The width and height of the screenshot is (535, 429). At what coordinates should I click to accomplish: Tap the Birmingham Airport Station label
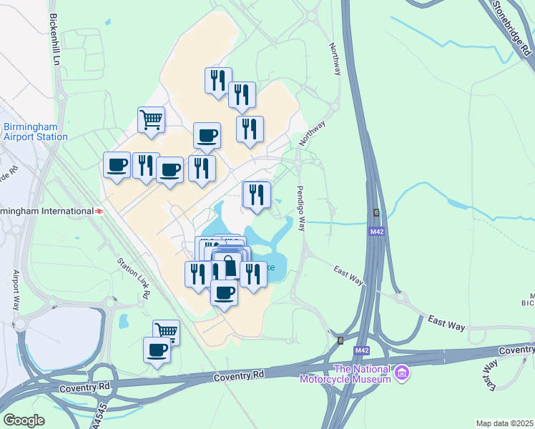click(x=35, y=132)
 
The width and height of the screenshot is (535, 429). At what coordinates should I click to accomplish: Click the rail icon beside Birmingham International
click(x=99, y=211)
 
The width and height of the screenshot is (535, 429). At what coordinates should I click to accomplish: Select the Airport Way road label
click(x=16, y=289)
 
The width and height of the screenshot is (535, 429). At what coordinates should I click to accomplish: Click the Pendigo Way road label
click(x=300, y=208)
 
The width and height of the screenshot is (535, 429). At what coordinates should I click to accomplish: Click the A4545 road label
click(x=102, y=416)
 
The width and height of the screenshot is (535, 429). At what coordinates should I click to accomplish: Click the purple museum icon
click(x=402, y=373)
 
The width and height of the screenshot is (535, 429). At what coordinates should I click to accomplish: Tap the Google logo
click(x=24, y=420)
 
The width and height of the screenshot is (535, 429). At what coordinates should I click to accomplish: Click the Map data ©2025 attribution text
click(x=504, y=423)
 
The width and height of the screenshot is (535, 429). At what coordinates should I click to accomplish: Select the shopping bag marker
click(x=230, y=266)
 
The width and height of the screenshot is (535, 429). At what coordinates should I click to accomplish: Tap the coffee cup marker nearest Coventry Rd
click(x=157, y=350)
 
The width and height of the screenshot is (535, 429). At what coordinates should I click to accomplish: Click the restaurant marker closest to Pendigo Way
click(x=257, y=194)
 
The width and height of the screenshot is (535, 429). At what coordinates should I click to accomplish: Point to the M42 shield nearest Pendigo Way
click(x=376, y=232)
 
